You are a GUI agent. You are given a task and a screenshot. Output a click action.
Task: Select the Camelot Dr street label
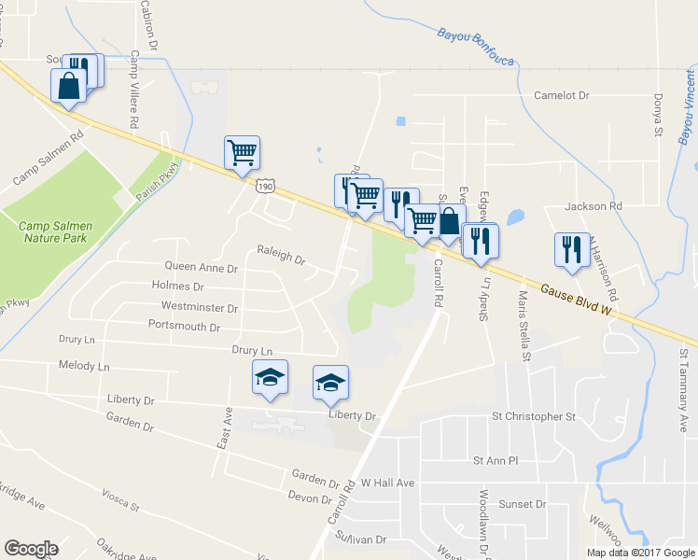562,95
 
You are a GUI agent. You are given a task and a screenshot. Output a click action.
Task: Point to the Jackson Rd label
593,205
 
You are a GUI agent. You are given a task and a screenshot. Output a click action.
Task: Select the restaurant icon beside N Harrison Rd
571,249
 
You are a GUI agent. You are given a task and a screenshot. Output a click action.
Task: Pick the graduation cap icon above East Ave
271,378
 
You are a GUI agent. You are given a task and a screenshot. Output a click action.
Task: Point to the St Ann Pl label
496,460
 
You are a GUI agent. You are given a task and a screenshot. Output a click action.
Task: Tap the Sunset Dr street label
522,504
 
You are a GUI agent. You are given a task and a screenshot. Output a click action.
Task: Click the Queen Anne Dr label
202,267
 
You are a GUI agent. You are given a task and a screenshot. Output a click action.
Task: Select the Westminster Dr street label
200,306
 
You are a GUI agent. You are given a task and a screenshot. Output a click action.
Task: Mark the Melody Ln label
84,367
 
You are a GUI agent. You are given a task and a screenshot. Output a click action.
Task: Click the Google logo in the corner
31,549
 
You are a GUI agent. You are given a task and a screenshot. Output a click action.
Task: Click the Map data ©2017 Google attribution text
639,553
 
